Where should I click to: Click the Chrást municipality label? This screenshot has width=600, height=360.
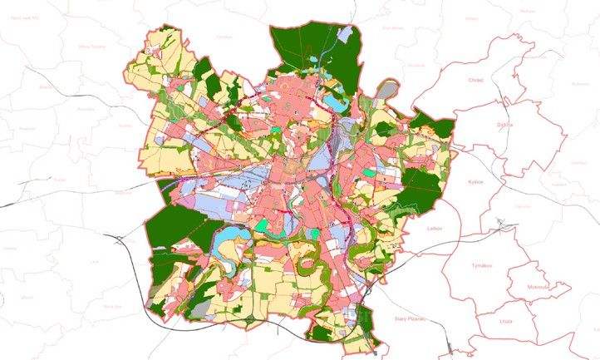coord(476,81)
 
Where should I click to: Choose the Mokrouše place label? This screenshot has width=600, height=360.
coord(539,288)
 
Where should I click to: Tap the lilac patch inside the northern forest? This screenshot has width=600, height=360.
coord(347,36)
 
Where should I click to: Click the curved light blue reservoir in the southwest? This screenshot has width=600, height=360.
coord(225,244)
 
